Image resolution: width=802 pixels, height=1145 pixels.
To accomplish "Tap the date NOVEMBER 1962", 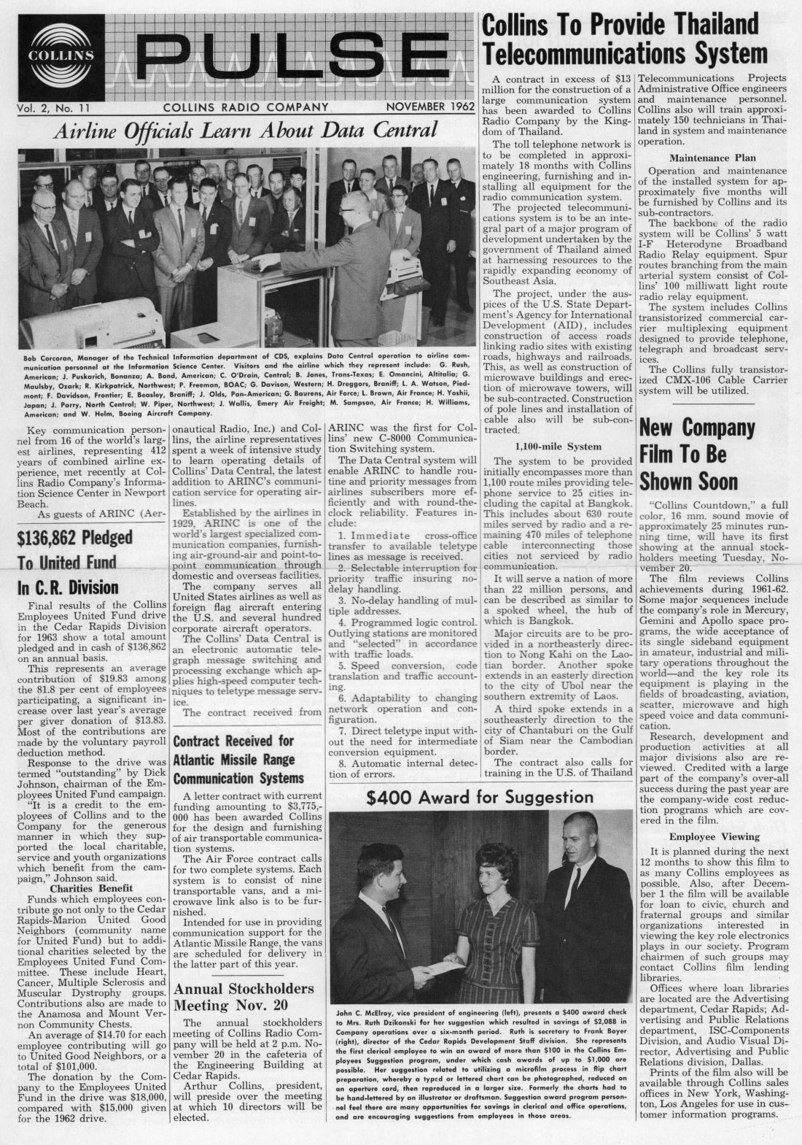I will coord(426,108).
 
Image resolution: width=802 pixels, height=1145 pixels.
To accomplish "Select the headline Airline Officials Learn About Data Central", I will coord(244,131).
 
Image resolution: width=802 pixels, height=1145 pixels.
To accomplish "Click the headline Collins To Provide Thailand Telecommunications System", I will coord(625,39).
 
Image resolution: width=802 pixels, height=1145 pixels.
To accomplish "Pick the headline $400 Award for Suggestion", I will coord(480,797).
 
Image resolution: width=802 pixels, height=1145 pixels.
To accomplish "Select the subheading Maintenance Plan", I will coord(712,158).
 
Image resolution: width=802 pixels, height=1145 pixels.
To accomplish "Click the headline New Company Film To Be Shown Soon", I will coord(688,455).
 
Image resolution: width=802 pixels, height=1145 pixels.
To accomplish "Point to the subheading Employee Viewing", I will coord(714,836).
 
